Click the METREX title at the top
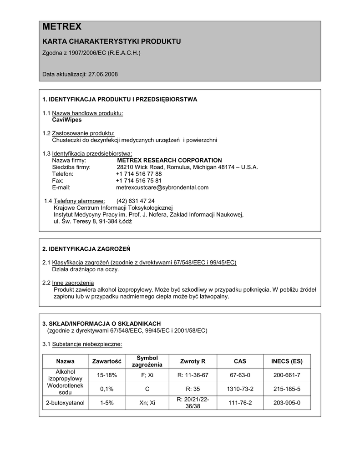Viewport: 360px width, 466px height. point(62,27)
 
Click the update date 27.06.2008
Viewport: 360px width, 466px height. point(103,74)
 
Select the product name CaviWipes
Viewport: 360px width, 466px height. point(67,120)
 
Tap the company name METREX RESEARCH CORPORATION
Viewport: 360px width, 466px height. point(169,160)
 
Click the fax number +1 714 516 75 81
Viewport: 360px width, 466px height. point(139,181)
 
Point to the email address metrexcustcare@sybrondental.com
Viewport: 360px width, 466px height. point(162,187)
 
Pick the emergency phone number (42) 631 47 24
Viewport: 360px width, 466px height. point(135,201)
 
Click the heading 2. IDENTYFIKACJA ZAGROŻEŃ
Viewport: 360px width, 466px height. point(86,249)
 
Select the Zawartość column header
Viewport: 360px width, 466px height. point(106,361)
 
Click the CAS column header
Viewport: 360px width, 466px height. point(240,361)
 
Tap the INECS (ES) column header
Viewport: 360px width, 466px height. point(287,361)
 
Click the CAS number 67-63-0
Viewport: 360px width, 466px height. point(240,375)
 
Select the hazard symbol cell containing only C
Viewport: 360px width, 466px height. point(147,389)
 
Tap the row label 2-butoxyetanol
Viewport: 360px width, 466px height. point(66,403)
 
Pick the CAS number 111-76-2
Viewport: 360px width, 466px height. point(240,403)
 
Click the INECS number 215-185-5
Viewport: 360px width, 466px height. point(287,389)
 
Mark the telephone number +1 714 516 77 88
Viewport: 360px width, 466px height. point(139,174)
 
